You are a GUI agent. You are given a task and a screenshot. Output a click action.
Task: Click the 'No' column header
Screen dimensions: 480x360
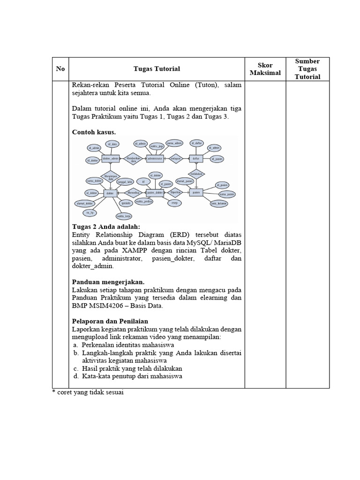pyautogui.click(x=60, y=69)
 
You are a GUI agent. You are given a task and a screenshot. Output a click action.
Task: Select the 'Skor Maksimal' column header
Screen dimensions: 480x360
pyautogui.click(x=265, y=69)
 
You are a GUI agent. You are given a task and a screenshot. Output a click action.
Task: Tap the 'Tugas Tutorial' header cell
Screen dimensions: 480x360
pyautogui.click(x=157, y=69)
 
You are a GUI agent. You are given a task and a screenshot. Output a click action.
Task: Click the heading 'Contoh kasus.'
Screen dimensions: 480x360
pyautogui.click(x=94, y=132)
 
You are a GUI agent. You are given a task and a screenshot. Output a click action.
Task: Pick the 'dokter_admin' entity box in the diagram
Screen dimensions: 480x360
pyautogui.click(x=111, y=159)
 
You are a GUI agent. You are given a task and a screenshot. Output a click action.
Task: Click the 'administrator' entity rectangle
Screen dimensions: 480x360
pyautogui.click(x=155, y=159)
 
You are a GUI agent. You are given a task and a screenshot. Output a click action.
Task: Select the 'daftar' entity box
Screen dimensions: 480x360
pyautogui.click(x=196, y=159)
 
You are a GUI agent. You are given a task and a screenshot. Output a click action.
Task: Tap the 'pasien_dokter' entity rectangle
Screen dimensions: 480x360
pyautogui.click(x=155, y=193)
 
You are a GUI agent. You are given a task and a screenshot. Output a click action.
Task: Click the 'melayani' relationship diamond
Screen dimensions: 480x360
pyautogui.click(x=176, y=159)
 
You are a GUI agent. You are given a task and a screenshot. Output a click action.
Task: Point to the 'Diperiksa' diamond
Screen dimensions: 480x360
pyautogui.click(x=175, y=192)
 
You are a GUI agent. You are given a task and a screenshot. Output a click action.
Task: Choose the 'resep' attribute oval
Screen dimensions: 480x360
pyautogui.click(x=174, y=203)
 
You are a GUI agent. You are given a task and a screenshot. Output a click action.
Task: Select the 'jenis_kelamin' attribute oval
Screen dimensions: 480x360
pyautogui.click(x=218, y=204)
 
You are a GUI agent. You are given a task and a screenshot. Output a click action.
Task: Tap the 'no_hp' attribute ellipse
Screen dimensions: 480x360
pyautogui.click(x=89, y=212)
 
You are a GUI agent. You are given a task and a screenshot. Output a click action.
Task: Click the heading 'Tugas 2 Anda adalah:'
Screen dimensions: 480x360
pyautogui.click(x=106, y=227)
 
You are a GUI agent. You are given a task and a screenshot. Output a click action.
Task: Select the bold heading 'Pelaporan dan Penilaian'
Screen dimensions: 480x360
pyautogui.click(x=110, y=321)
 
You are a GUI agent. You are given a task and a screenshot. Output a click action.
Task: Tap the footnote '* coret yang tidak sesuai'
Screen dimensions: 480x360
pyautogui.click(x=88, y=392)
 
